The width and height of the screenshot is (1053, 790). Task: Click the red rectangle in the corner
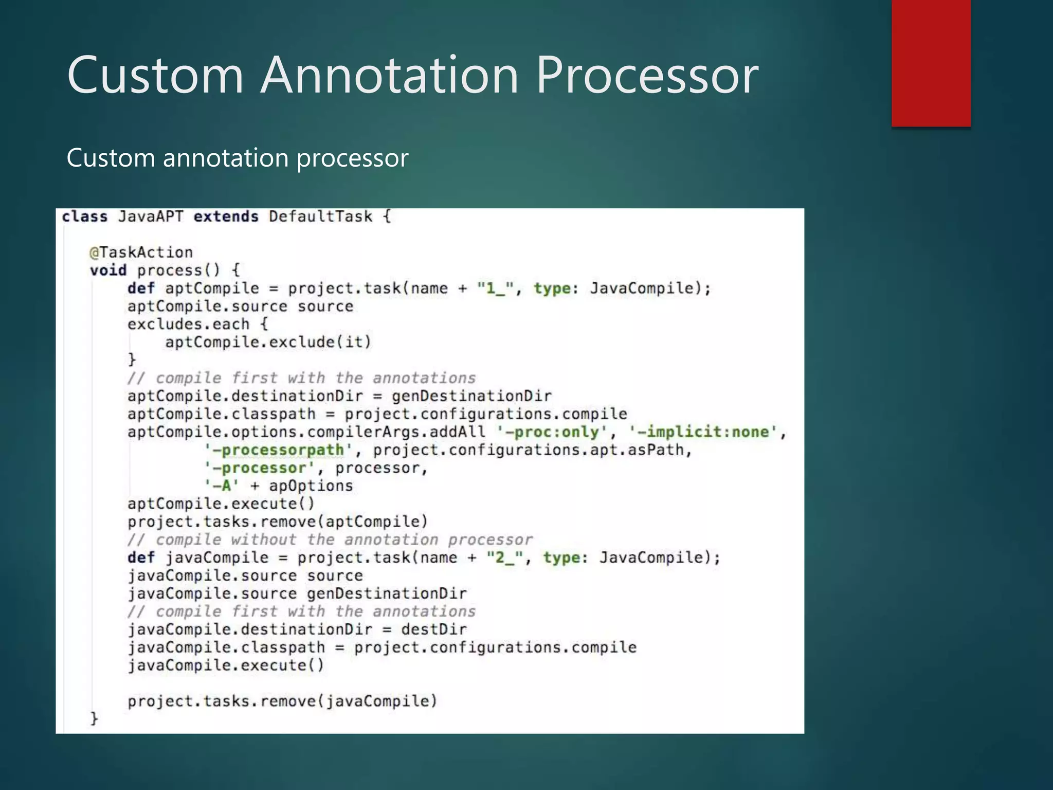click(x=931, y=63)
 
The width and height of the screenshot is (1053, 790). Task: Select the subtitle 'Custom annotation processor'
click(x=237, y=157)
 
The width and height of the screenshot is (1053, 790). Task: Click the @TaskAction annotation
click(x=141, y=253)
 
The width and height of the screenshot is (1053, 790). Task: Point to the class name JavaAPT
click(x=150, y=217)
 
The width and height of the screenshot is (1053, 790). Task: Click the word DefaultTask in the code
click(x=320, y=217)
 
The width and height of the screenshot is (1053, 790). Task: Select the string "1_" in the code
click(x=496, y=289)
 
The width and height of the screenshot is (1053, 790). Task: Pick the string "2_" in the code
click(x=505, y=558)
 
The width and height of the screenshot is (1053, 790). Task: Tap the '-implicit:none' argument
click(x=703, y=432)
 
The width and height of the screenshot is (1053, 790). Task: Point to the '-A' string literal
click(x=222, y=486)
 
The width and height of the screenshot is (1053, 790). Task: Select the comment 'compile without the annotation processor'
click(x=330, y=540)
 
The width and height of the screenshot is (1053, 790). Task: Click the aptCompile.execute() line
click(x=221, y=504)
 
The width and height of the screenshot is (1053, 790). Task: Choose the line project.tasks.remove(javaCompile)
click(x=282, y=702)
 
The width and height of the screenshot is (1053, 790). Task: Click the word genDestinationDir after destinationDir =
click(x=471, y=396)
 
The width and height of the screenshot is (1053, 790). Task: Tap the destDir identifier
click(x=434, y=630)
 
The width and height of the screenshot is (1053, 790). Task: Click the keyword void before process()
click(x=108, y=271)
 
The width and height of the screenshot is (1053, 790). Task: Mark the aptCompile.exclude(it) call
click(x=268, y=342)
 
